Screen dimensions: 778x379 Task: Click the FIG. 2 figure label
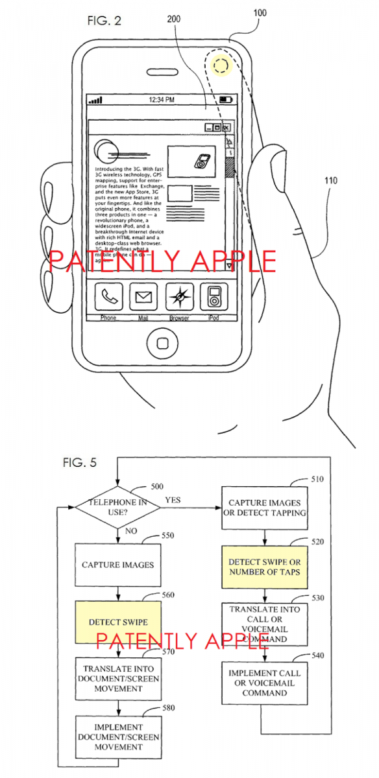[x=104, y=20]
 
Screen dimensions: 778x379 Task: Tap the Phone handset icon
[x=108, y=298]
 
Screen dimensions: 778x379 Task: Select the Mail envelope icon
[x=143, y=298]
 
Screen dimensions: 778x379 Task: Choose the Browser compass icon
[x=179, y=298]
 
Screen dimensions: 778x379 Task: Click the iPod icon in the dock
[x=214, y=298]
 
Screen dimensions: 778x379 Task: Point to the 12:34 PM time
[x=162, y=100]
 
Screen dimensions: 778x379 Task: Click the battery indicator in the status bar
[x=225, y=100]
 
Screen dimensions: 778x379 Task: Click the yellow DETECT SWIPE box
[x=118, y=622]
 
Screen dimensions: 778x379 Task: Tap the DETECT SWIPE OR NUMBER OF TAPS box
[x=264, y=566]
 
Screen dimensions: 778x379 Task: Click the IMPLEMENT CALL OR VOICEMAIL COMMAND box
[x=264, y=683]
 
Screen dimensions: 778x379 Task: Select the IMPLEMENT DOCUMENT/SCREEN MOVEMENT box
[x=118, y=737]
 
